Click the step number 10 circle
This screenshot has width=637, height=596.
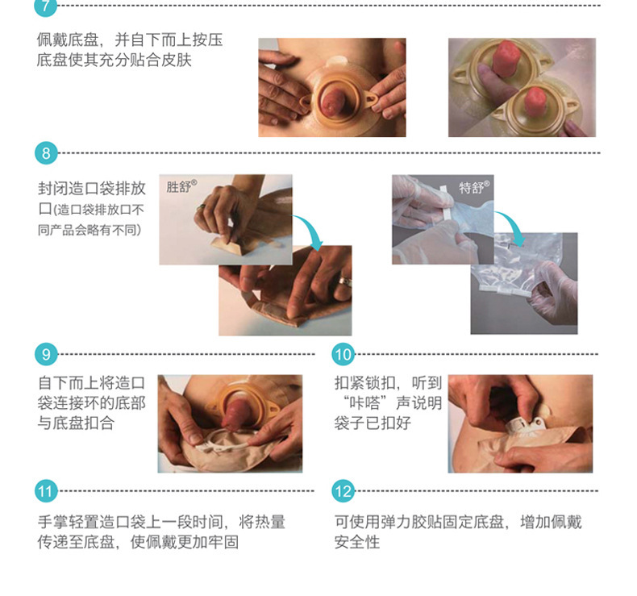pyautogui.click(x=343, y=354)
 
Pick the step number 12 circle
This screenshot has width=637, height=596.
pyautogui.click(x=343, y=490)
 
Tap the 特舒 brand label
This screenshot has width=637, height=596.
pyautogui.click(x=474, y=187)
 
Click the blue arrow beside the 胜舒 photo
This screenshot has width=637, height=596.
pyautogui.click(x=308, y=234)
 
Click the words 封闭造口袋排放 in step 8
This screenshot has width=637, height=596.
pyautogui.click(x=91, y=189)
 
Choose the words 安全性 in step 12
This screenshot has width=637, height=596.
pyautogui.click(x=356, y=543)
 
